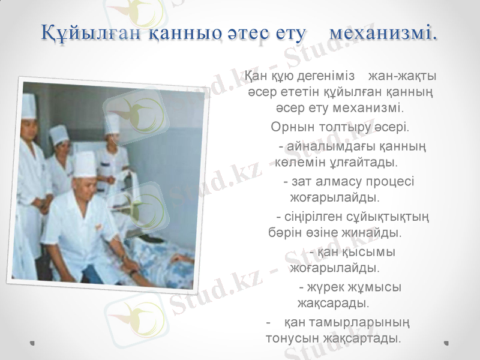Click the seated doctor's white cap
(x=84, y=163)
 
